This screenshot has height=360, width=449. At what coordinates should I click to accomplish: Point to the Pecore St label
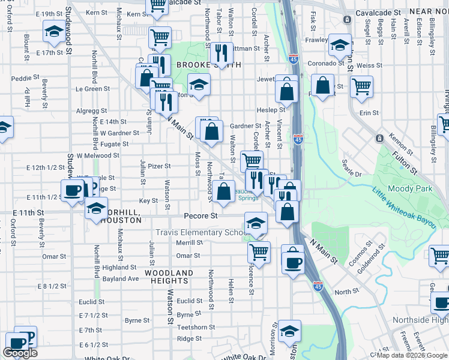pos(201,215)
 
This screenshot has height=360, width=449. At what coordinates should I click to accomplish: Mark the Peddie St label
pos(25,78)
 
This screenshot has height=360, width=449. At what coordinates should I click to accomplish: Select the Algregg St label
pos(91,111)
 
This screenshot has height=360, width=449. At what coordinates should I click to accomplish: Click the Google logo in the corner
pos(20,353)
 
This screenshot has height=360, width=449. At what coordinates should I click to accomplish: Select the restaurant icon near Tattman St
pos(221,53)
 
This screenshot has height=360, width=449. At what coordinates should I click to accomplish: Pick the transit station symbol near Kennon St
pos(379,139)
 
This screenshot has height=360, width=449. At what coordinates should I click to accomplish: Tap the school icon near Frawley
pos(340,44)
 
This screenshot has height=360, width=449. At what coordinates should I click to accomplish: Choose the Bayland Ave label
pos(121,279)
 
